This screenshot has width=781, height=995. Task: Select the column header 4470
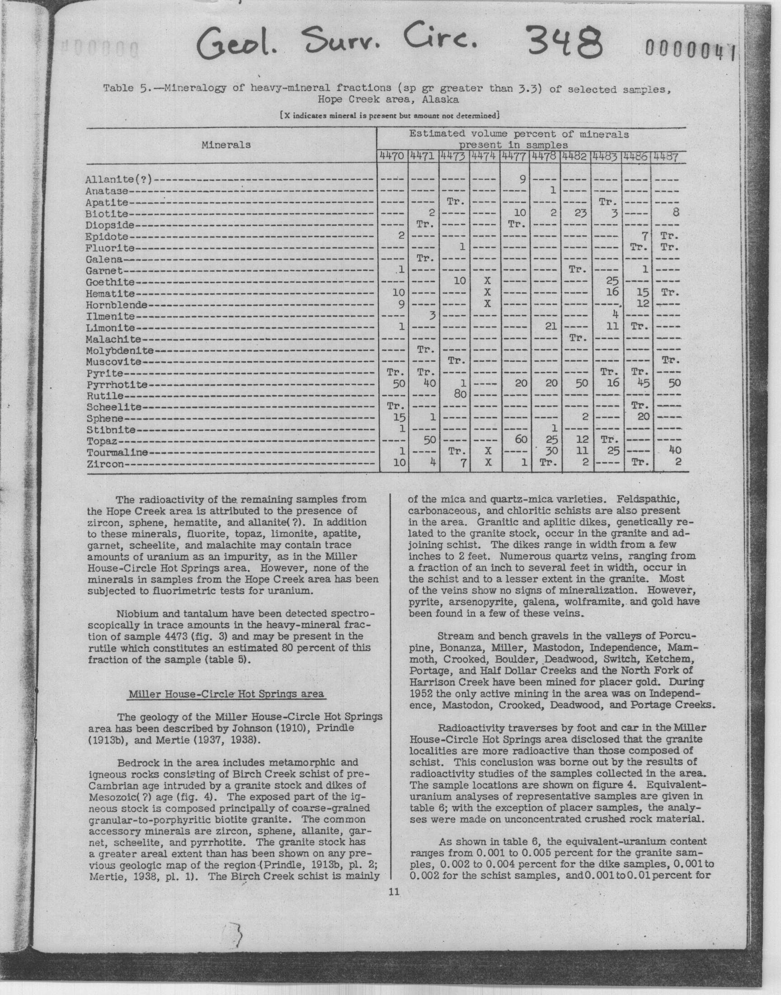(392, 156)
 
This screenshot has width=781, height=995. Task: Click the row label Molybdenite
(119, 351)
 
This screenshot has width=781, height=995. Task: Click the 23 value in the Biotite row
(581, 213)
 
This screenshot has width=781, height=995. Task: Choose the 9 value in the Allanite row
(522, 179)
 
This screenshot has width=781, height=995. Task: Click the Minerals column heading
(226, 145)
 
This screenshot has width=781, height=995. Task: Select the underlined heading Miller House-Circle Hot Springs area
(226, 694)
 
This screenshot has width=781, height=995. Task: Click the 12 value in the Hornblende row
(642, 303)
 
